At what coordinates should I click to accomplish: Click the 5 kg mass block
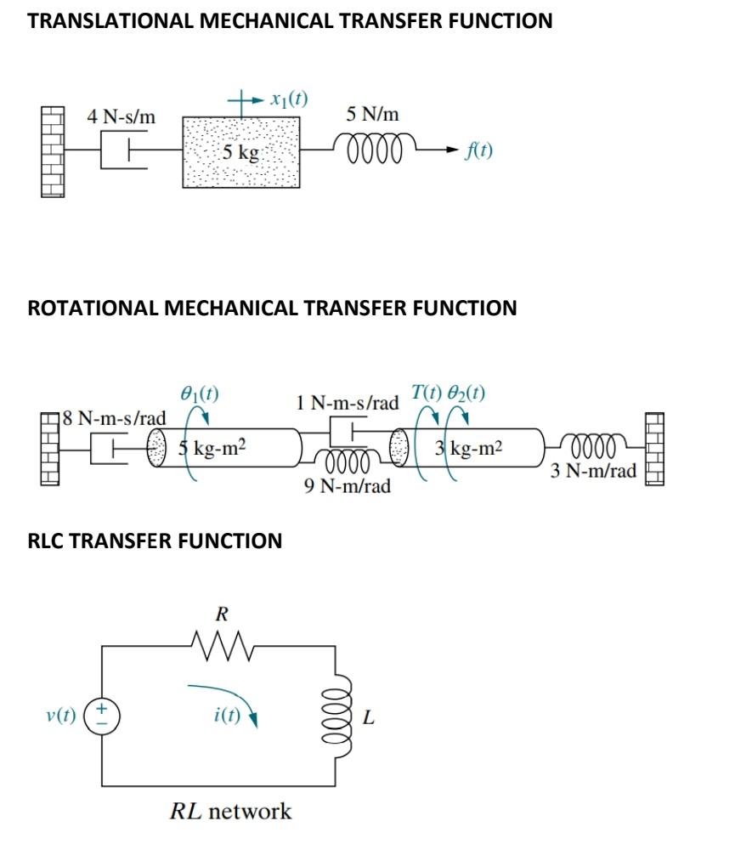240,153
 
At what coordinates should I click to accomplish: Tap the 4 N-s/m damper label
122,117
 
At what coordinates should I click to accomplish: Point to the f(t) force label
479,151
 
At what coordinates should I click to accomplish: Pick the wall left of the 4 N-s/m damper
53,152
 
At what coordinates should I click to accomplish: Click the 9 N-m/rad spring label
348,487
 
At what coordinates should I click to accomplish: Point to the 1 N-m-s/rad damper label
347,403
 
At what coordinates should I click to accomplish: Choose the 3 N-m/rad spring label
593,471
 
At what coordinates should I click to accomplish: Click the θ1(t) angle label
200,394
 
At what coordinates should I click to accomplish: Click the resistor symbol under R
221,647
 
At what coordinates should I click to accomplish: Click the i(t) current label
226,716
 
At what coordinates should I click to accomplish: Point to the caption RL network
231,811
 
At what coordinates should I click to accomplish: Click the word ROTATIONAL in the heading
93,308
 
